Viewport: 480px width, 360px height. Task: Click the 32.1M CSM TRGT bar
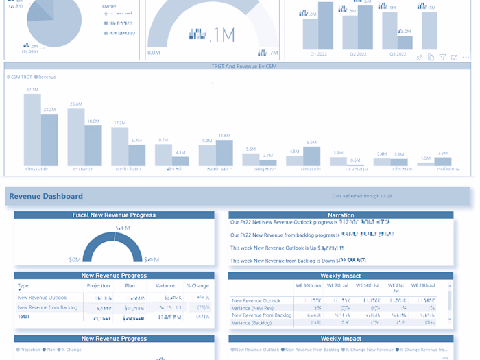click(x=32, y=130)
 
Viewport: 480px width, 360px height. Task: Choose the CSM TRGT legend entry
click(x=20, y=77)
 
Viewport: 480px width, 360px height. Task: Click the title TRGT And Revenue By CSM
click(x=243, y=67)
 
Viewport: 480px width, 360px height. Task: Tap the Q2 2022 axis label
click(x=358, y=54)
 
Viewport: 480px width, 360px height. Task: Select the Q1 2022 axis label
click(x=318, y=54)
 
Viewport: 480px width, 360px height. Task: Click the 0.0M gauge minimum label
click(x=154, y=53)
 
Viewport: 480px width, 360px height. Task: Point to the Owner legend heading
click(x=109, y=6)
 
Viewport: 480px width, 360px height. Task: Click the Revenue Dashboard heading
click(x=46, y=196)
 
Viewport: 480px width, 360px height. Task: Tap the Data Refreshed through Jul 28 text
click(x=362, y=196)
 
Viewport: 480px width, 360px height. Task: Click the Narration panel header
click(x=341, y=215)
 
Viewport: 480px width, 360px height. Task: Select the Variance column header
click(x=165, y=286)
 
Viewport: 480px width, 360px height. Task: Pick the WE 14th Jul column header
click(x=368, y=285)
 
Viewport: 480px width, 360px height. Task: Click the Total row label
click(x=23, y=317)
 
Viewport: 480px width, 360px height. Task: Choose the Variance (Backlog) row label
click(x=252, y=323)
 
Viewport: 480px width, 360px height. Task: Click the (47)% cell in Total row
click(x=202, y=317)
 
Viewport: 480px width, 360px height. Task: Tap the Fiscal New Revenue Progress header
click(x=114, y=215)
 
